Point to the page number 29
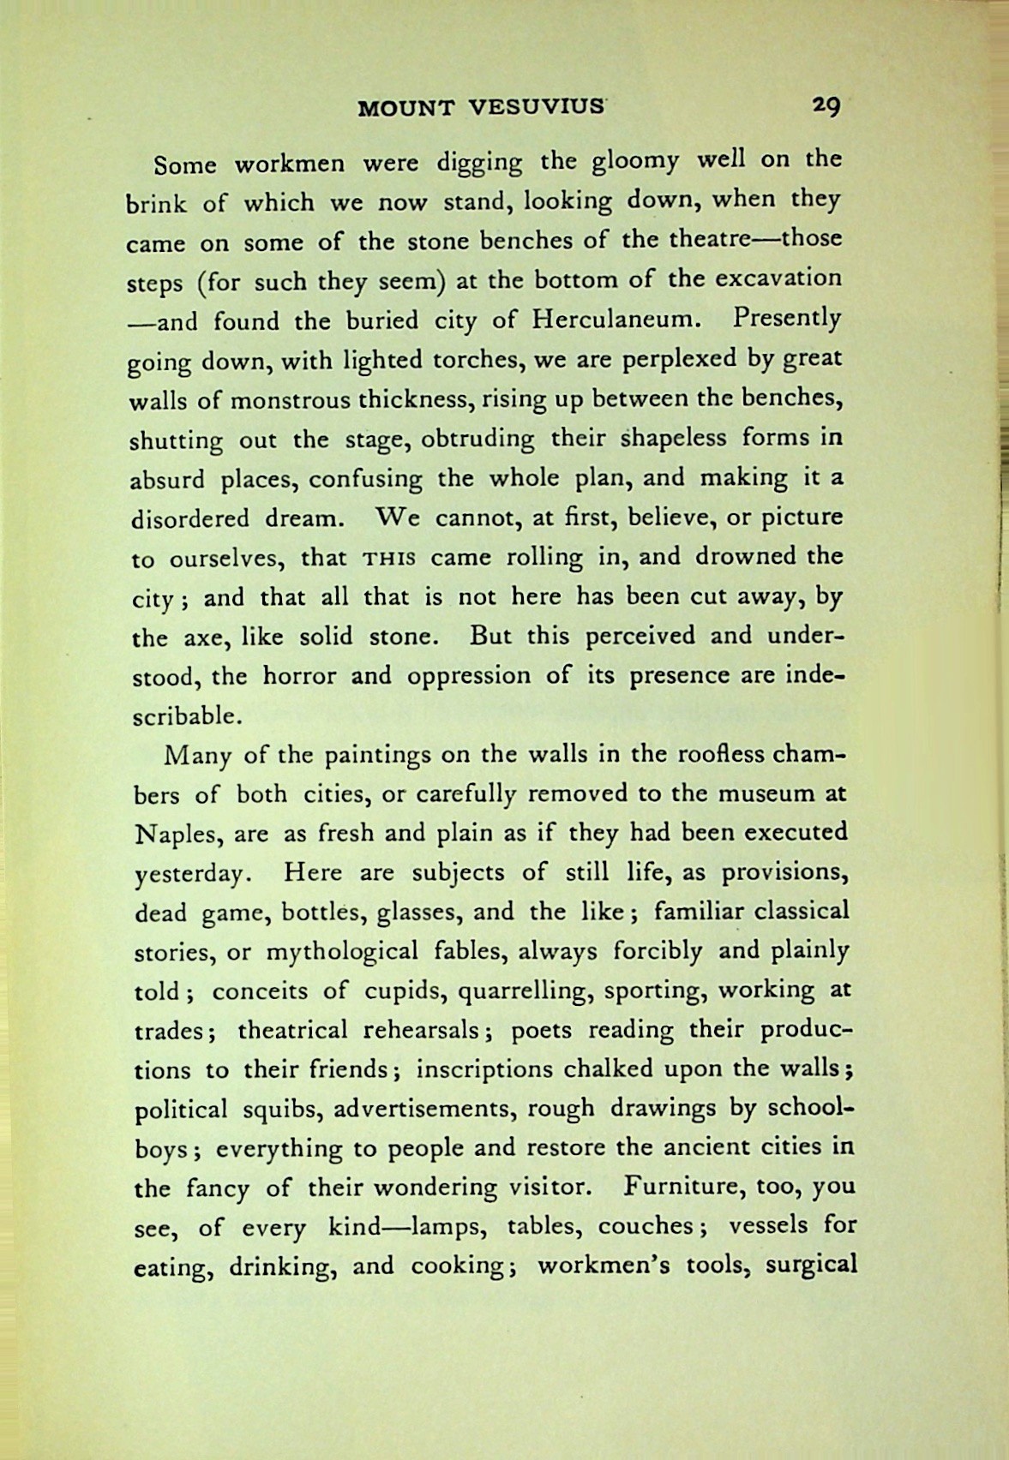point(826,105)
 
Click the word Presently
point(787,320)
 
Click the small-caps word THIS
point(389,559)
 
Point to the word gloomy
point(610,160)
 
